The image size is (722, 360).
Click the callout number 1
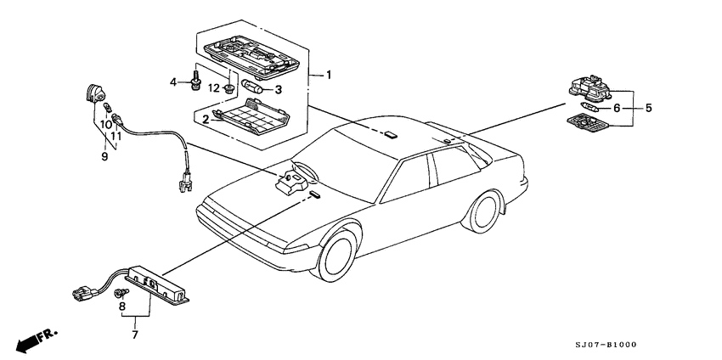click(x=329, y=75)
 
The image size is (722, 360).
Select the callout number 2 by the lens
click(x=206, y=120)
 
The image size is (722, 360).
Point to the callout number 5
click(x=648, y=108)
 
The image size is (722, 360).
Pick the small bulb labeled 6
click(x=590, y=108)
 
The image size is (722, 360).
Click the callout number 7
click(x=135, y=335)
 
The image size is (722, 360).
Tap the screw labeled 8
click(x=122, y=292)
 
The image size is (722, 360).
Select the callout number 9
click(x=104, y=156)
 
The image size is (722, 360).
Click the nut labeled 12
click(x=228, y=87)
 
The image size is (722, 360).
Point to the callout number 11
click(x=116, y=137)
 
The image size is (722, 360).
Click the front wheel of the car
click(x=336, y=255)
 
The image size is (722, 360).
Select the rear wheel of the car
click(x=484, y=211)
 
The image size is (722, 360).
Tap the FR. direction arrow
click(x=37, y=340)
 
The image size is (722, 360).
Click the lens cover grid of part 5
click(x=588, y=123)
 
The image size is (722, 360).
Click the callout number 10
click(x=105, y=124)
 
